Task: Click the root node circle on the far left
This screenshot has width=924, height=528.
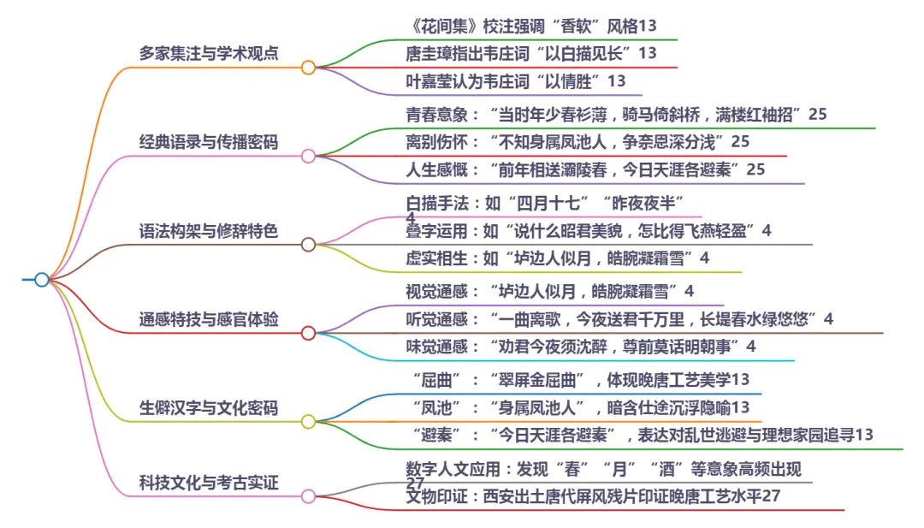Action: coord(41,280)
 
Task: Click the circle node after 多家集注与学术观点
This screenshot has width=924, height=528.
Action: coord(308,67)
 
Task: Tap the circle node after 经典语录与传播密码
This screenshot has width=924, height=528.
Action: coord(308,156)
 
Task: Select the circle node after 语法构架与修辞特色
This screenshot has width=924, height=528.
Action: coord(308,245)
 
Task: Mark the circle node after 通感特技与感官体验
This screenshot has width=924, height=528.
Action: coord(308,334)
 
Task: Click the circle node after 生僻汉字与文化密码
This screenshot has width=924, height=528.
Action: coord(308,422)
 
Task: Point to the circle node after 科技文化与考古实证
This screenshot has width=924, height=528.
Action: coord(308,496)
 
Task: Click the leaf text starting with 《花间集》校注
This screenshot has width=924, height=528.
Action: coord(530,25)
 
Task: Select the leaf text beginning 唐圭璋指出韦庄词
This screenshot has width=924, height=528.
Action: coord(530,53)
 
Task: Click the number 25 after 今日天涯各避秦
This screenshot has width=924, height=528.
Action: coord(755,169)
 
